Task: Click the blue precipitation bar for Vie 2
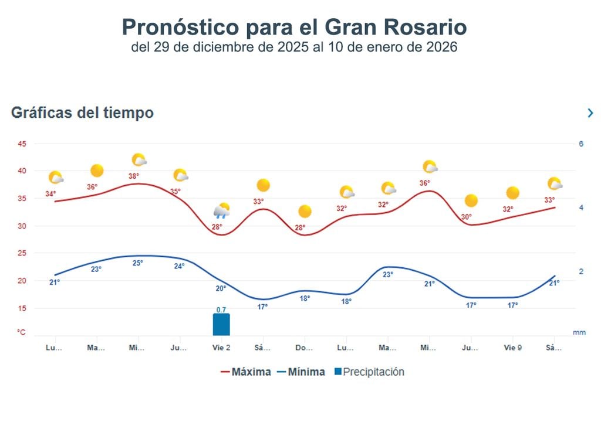pyautogui.click(x=221, y=324)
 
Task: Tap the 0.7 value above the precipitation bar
pyautogui.click(x=221, y=309)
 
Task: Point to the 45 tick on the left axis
pyautogui.click(x=22, y=144)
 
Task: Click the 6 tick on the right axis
pyautogui.click(x=581, y=144)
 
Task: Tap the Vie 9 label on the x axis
pyautogui.click(x=512, y=348)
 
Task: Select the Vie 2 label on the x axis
pyautogui.click(x=221, y=348)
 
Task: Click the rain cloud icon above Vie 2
pyautogui.click(x=221, y=211)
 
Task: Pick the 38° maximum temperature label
pyautogui.click(x=134, y=176)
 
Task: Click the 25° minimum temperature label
pyautogui.click(x=137, y=263)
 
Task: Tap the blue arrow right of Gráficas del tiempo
pyautogui.click(x=590, y=113)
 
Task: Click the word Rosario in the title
pyautogui.click(x=421, y=27)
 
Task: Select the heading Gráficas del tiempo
pyautogui.click(x=82, y=113)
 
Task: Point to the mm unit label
pyautogui.click(x=579, y=332)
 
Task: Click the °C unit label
pyautogui.click(x=22, y=332)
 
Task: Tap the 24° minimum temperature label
pyautogui.click(x=179, y=266)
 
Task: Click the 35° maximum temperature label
pyautogui.click(x=175, y=191)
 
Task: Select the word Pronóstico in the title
pyautogui.click(x=180, y=27)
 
